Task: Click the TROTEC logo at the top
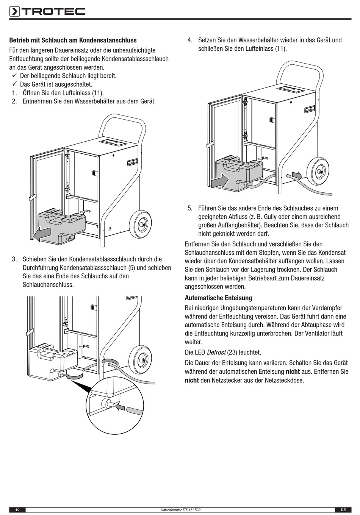47,11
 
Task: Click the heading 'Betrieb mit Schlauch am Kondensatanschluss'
73,40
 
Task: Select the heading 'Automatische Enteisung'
218,298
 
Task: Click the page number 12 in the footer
17,510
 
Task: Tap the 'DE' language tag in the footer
343,510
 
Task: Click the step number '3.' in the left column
14,259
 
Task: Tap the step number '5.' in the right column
190,208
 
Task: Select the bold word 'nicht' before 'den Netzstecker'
192,380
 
